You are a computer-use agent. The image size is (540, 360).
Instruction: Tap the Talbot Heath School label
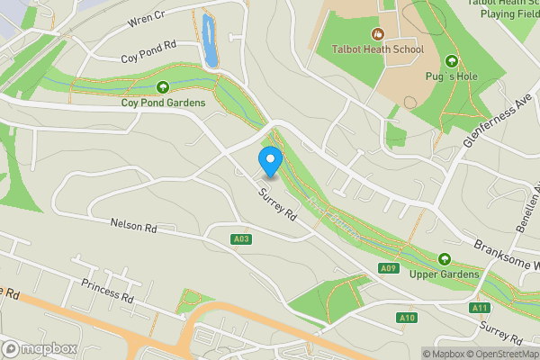(x=377, y=49)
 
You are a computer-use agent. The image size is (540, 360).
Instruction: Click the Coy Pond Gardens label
(x=163, y=103)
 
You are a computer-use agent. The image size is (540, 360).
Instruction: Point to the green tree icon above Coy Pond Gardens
(x=163, y=87)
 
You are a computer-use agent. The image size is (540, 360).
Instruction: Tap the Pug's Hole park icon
(x=451, y=62)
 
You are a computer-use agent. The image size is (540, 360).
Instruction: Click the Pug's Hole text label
(x=451, y=77)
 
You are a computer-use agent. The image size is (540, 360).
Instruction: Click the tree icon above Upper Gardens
(x=443, y=259)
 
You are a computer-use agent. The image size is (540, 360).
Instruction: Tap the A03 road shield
(x=240, y=238)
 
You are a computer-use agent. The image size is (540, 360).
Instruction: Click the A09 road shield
(x=388, y=268)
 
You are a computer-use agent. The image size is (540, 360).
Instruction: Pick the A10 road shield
(x=407, y=317)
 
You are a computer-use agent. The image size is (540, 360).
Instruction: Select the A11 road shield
(x=480, y=307)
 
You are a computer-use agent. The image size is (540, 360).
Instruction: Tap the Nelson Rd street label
(x=133, y=226)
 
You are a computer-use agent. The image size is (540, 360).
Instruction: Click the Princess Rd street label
(x=107, y=290)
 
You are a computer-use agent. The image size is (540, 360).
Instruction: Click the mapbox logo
(x=39, y=348)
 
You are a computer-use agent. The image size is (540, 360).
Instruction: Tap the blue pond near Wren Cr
(x=210, y=40)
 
